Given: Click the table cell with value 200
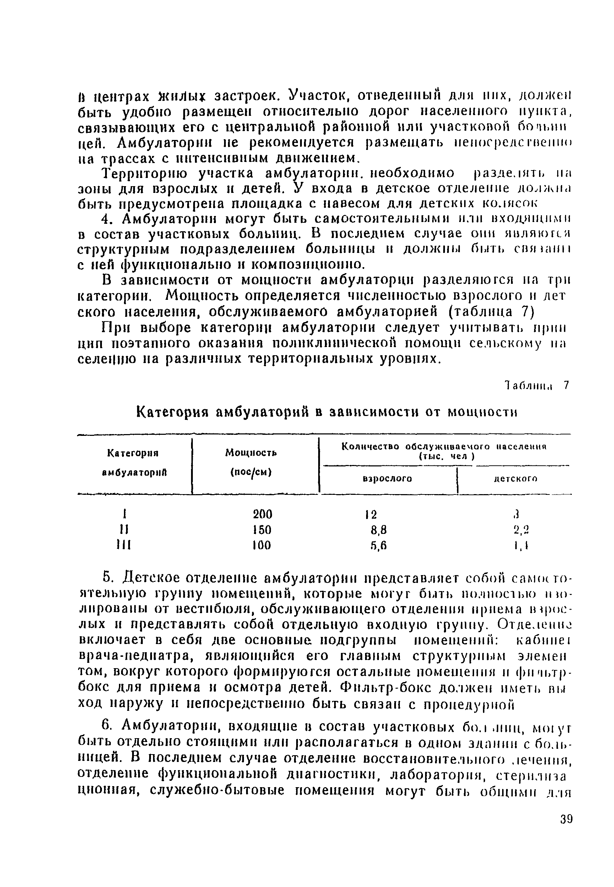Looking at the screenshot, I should tap(262, 514).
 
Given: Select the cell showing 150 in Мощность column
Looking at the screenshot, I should tap(262, 530).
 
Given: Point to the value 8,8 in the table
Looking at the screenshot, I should tap(378, 530).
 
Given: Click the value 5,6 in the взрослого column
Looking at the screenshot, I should tap(378, 546).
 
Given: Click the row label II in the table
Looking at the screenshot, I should tap(124, 530).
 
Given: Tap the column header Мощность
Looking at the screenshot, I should tap(251, 453).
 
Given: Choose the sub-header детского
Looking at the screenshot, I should tap(516, 479).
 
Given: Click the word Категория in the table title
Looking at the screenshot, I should tap(172, 412).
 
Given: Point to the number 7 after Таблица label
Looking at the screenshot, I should tap(565, 385).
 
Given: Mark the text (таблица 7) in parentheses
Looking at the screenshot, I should tap(491, 311).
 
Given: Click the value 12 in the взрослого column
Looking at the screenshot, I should tap(371, 514).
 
